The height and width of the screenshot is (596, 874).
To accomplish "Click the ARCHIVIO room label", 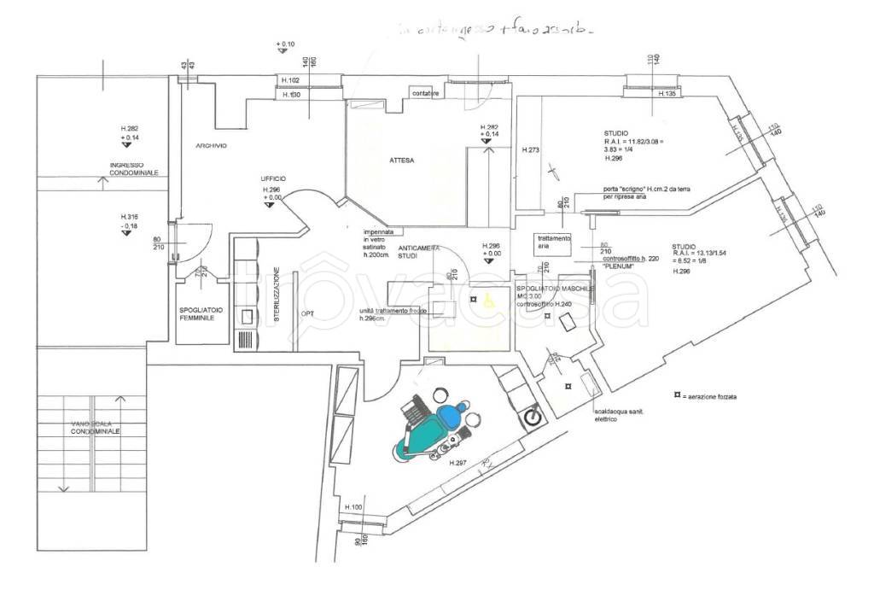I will (x=211, y=146).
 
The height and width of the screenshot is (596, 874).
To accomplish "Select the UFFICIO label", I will (x=274, y=178).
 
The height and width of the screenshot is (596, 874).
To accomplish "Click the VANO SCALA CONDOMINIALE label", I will (x=96, y=429).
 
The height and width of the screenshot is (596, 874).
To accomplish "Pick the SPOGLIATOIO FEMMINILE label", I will (x=195, y=313).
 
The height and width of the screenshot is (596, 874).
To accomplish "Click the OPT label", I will (x=307, y=313).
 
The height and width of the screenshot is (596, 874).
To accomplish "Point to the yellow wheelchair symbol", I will (x=489, y=301).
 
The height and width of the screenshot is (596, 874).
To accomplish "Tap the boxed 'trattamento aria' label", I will (x=552, y=242).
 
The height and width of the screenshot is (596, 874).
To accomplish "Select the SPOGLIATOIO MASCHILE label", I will (x=556, y=289).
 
